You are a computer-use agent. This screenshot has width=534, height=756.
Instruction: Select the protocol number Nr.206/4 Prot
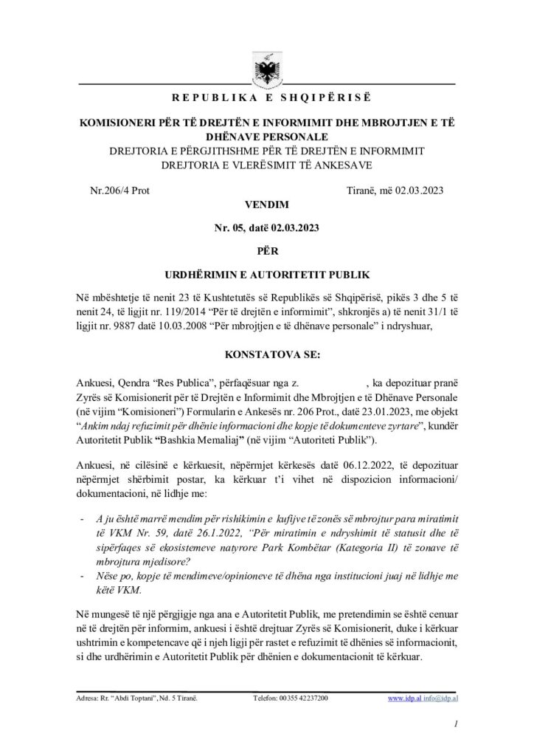coord(119,190)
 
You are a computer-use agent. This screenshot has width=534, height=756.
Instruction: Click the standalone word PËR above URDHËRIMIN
coord(266,251)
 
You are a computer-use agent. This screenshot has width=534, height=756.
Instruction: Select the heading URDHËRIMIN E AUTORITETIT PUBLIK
coord(267,275)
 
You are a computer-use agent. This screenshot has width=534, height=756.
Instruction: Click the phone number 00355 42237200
coord(304,697)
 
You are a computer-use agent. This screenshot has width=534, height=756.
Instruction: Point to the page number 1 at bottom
coord(457,725)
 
